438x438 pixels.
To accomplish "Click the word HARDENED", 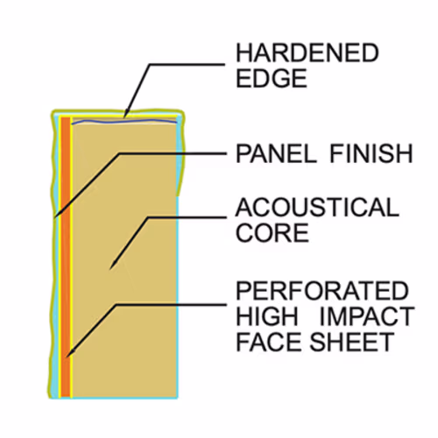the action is click(x=307, y=53).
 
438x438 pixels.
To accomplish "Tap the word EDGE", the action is click(x=272, y=78).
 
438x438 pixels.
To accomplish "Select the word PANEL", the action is click(x=276, y=153).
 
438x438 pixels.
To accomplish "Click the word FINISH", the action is click(x=371, y=153).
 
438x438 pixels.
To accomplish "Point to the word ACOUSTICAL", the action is click(x=317, y=207).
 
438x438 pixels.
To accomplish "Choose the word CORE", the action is click(x=272, y=232).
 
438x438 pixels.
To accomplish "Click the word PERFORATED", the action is click(x=322, y=291).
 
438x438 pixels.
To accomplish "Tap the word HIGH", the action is click(x=267, y=316).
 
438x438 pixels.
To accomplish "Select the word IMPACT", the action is click(x=368, y=316).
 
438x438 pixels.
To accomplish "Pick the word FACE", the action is click(x=270, y=342).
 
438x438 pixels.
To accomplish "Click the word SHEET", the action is click(x=352, y=342).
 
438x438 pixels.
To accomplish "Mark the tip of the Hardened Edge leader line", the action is click(x=124, y=117).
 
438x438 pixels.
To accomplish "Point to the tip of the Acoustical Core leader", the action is click(x=110, y=269).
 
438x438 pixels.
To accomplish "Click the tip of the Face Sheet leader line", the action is click(x=67, y=357).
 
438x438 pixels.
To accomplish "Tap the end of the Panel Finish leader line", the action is click(x=55, y=217).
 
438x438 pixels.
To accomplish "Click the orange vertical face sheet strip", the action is click(x=66, y=257).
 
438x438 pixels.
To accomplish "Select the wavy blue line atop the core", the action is click(x=124, y=122).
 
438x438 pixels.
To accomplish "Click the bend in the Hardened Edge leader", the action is click(x=150, y=64).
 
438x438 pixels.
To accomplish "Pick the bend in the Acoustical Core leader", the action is click(x=148, y=218).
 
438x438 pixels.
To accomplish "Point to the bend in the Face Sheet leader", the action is click(x=116, y=305).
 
